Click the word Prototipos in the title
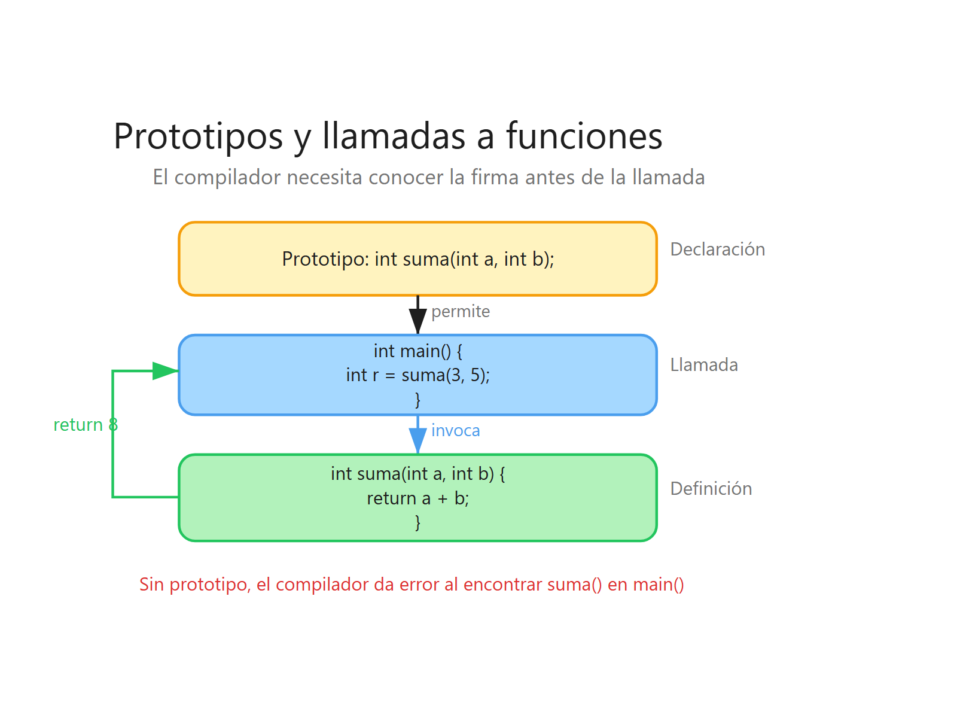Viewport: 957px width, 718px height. pyautogui.click(x=198, y=136)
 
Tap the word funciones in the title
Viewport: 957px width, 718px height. pyautogui.click(x=584, y=136)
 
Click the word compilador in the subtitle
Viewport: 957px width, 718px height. pyautogui.click(x=227, y=178)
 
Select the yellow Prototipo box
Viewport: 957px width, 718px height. pyautogui.click(x=417, y=259)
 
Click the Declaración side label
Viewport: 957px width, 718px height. pyautogui.click(x=717, y=250)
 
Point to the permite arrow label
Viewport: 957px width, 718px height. pyautogui.click(x=460, y=312)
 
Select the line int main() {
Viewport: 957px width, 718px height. pyautogui.click(x=417, y=351)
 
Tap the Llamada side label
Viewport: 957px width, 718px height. pyautogui.click(x=703, y=365)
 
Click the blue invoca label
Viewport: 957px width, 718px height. pyautogui.click(x=455, y=431)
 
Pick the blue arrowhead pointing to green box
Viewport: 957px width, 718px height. pyautogui.click(x=417, y=441)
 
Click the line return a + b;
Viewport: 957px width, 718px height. pyautogui.click(x=417, y=498)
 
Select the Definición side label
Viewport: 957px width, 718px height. pyautogui.click(x=711, y=489)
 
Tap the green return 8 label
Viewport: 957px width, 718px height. pyautogui.click(x=85, y=425)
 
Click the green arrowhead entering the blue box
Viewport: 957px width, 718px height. pyautogui.click(x=165, y=371)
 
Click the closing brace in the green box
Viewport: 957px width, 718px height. pyautogui.click(x=417, y=522)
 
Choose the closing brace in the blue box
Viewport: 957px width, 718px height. pyautogui.click(x=417, y=399)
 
